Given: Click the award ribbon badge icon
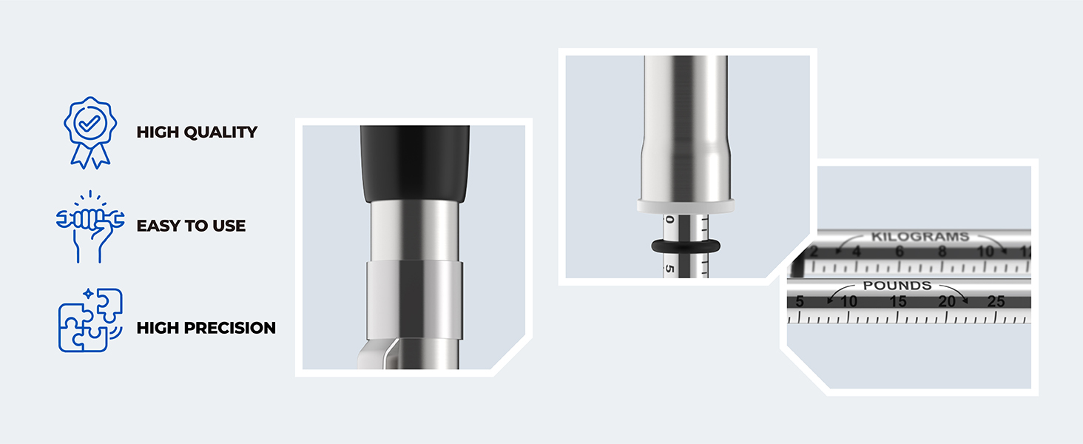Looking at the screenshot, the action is [x=90, y=132].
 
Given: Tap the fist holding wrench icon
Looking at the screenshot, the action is [x=90, y=226].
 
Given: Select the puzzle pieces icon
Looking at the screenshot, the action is [x=90, y=320].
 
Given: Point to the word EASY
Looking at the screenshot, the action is [x=158, y=226].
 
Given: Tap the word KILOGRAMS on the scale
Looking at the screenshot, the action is [x=920, y=237].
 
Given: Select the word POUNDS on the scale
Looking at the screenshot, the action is [x=897, y=286].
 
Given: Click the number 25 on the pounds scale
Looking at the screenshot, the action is [x=996, y=301].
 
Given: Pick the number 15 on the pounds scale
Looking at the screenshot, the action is [x=898, y=301].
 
